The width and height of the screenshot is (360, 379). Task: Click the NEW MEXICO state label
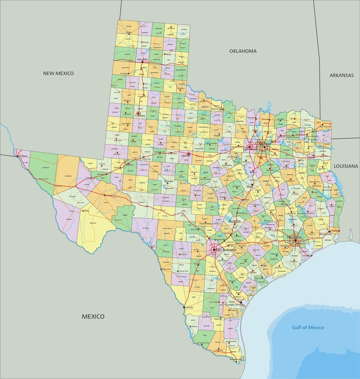[x=58, y=73]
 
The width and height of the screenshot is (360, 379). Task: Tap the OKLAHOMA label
[x=243, y=51]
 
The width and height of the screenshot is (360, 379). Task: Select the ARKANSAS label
[x=341, y=75]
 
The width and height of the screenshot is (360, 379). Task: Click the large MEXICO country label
[x=93, y=317]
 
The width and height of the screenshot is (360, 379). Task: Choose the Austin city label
[x=234, y=222]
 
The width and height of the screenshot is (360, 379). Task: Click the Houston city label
[x=295, y=236]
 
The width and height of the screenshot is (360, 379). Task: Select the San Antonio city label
[x=225, y=249]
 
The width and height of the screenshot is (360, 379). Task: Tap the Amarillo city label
[x=142, y=59]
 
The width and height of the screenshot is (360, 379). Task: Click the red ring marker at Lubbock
[x=139, y=114]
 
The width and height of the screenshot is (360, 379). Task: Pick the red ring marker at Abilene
[x=189, y=154]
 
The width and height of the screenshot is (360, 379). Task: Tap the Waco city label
[x=249, y=185]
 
